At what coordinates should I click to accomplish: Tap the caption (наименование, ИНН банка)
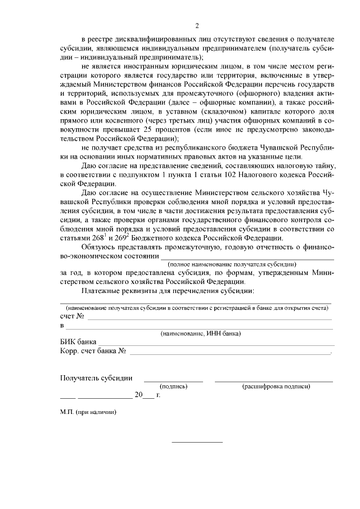click(x=201, y=334)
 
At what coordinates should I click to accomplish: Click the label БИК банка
click(x=78, y=342)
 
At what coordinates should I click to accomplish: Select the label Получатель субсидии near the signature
click(x=96, y=377)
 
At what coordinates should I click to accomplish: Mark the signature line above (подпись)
click(x=173, y=381)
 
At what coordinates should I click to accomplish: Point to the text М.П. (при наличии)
click(x=88, y=412)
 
